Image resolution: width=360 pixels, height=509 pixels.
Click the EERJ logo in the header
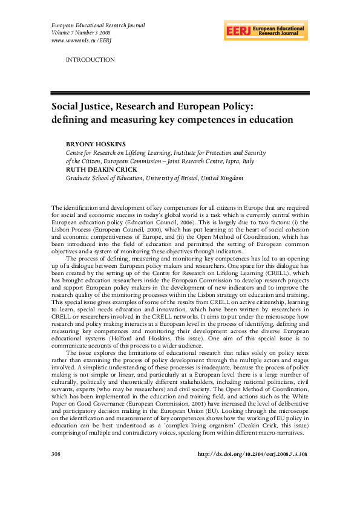pyautogui.click(x=266, y=30)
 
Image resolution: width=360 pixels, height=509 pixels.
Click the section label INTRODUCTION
pyautogui.click(x=90, y=60)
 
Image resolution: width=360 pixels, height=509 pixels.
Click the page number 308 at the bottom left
pyautogui.click(x=57, y=469)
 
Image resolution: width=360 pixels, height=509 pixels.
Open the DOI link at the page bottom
pyautogui.click(x=254, y=469)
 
